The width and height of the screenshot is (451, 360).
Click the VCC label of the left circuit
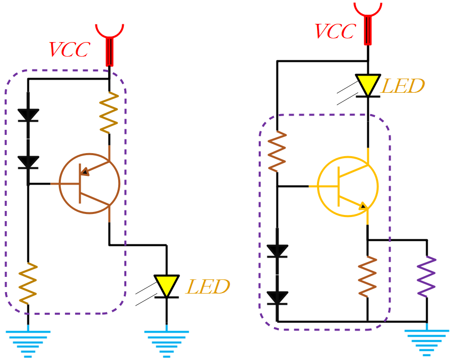pyautogui.click(x=69, y=50)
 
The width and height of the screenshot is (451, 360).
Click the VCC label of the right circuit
pyautogui.click(x=334, y=31)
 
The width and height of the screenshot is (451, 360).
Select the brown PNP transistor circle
pyautogui.click(x=89, y=184)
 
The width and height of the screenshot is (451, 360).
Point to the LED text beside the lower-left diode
pyautogui.click(x=208, y=287)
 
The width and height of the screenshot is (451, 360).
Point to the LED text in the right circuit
pyautogui.click(x=402, y=86)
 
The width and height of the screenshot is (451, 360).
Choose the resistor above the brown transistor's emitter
pyautogui.click(x=109, y=112)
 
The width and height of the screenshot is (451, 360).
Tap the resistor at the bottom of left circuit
pyautogui.click(x=28, y=283)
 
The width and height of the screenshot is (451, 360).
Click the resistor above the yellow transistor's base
pyautogui.click(x=277, y=151)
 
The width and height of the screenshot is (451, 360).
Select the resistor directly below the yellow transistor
pyautogui.click(x=367, y=277)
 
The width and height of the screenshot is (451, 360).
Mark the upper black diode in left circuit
pyautogui.click(x=28, y=115)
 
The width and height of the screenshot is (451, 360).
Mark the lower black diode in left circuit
pyautogui.click(x=28, y=162)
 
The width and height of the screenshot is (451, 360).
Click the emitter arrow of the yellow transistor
pyautogui.click(x=363, y=206)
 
